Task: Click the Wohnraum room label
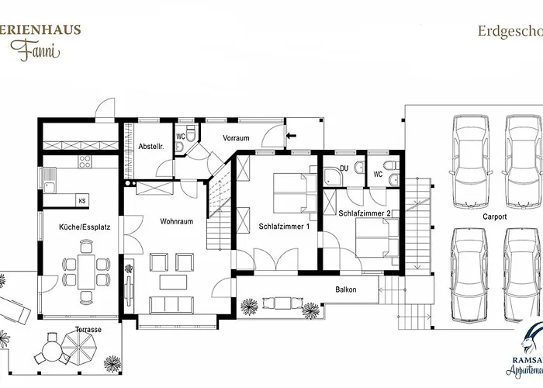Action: pos(177,221)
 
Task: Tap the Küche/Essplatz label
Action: pos(79,228)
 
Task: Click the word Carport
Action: pos(493,217)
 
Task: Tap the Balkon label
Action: pos(346,289)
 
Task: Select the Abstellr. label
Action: pos(150,146)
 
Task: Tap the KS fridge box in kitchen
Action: pos(81,201)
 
